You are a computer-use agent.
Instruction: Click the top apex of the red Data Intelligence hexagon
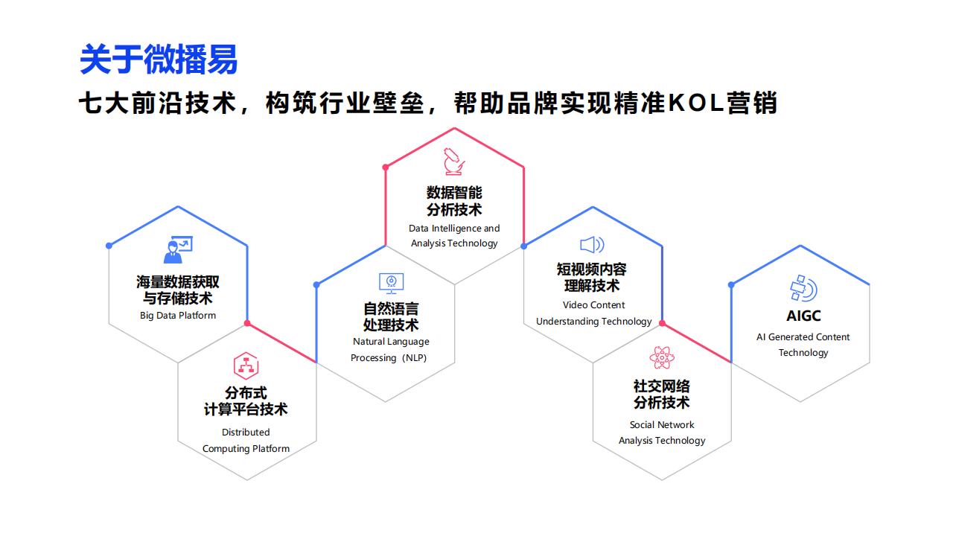(x=454, y=128)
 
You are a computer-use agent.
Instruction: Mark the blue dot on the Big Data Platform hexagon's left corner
(x=109, y=246)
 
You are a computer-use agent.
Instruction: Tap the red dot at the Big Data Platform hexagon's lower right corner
(x=247, y=323)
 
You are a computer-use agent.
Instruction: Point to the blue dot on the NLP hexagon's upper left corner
(x=316, y=284)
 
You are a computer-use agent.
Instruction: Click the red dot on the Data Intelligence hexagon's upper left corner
(x=386, y=167)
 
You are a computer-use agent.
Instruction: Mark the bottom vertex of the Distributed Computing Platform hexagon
(x=246, y=480)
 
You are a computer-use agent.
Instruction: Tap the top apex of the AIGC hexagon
(x=800, y=246)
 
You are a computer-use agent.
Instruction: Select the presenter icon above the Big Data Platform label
(x=178, y=249)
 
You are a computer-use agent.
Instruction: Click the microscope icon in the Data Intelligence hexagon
(x=454, y=162)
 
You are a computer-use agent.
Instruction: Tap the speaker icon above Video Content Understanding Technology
(x=592, y=245)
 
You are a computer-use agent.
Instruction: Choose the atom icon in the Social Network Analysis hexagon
(x=662, y=357)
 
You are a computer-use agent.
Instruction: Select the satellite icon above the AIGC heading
(x=803, y=288)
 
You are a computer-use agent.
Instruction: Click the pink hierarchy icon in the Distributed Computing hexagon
(x=246, y=366)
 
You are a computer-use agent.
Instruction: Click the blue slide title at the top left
(x=159, y=60)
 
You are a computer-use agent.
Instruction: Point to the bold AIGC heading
(x=803, y=316)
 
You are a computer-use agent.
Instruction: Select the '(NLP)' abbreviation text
(x=413, y=358)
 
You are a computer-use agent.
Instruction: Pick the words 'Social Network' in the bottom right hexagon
(x=662, y=424)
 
